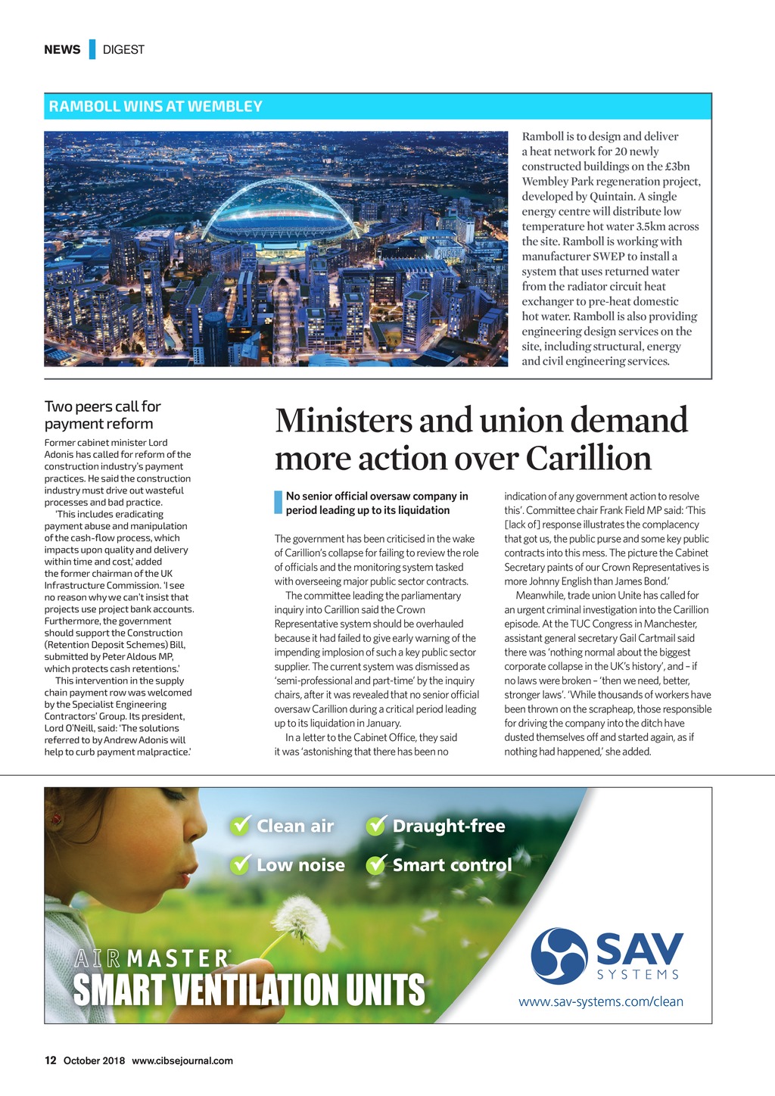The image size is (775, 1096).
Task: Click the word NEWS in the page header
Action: click(62, 50)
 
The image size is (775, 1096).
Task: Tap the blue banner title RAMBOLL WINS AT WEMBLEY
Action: click(155, 107)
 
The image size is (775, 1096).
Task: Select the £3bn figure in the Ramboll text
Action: click(676, 167)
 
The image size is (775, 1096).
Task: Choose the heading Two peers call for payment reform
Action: click(102, 416)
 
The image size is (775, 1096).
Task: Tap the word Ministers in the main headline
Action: click(344, 421)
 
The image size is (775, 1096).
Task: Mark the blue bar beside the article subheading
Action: click(278, 503)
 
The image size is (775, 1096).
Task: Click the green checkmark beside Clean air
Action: click(241, 826)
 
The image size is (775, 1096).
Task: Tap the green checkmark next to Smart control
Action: click(376, 865)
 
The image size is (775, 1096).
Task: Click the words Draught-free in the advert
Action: click(448, 826)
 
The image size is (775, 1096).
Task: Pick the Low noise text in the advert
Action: click(300, 865)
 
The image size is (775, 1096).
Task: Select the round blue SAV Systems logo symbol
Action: click(559, 956)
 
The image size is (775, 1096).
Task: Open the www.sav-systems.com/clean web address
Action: click(601, 1002)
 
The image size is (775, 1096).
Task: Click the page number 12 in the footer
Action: click(51, 1060)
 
